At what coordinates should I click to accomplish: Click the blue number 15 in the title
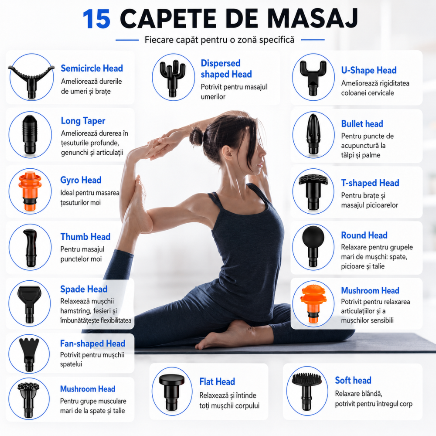click(96, 19)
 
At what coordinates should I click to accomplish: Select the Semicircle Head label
click(92, 68)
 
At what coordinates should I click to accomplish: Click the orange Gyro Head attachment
click(30, 191)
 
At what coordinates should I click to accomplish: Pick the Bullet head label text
click(362, 124)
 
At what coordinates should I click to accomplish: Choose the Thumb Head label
click(85, 237)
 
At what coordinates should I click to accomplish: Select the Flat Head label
click(217, 381)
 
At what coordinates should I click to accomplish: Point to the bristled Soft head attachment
click(307, 391)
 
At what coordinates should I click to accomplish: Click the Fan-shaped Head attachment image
click(29, 354)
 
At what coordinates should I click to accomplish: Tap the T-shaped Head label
click(370, 183)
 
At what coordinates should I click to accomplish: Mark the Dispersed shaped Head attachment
click(173, 78)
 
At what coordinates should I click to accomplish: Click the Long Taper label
click(83, 121)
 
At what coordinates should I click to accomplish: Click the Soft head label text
click(353, 380)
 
